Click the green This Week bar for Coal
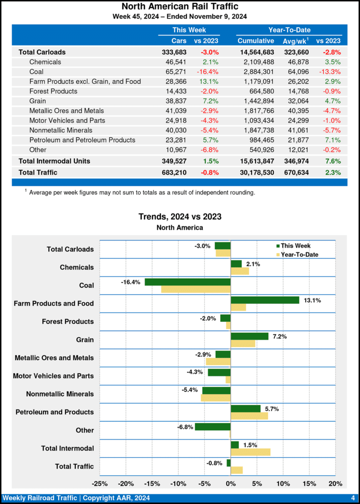pyautogui.click(x=188, y=282)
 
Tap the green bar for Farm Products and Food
pyautogui.click(x=265, y=300)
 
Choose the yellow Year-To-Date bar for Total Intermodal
pyautogui.click(x=251, y=452)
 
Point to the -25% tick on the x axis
pyautogui.click(x=100, y=483)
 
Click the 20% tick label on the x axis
pyautogui.click(x=335, y=483)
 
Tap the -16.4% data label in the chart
pyautogui.click(x=131, y=282)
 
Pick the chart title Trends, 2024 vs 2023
pyautogui.click(x=180, y=217)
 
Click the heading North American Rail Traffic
pyautogui.click(x=180, y=6)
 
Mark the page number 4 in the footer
pyautogui.click(x=353, y=498)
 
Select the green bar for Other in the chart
pyautogui.click(x=213, y=427)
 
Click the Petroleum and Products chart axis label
pyautogui.click(x=55, y=412)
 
